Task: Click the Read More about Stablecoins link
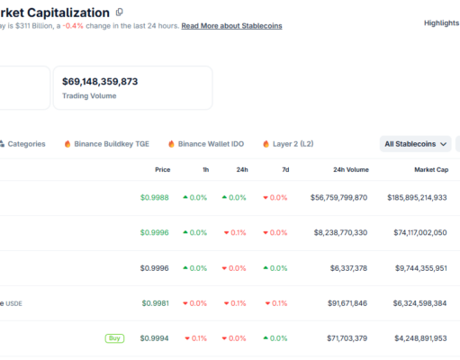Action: click(x=231, y=26)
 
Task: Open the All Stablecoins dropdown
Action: click(x=415, y=143)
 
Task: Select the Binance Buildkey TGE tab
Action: click(x=107, y=143)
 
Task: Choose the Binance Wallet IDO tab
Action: click(x=206, y=143)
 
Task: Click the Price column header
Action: click(x=162, y=169)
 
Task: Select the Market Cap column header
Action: click(x=430, y=169)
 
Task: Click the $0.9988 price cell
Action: click(x=155, y=197)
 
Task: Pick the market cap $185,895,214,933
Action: click(x=417, y=197)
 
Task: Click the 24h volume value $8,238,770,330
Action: click(x=338, y=232)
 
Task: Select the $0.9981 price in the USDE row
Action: click(x=155, y=303)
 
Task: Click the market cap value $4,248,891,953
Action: click(x=420, y=338)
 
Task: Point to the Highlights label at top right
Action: click(x=441, y=22)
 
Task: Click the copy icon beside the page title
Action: click(x=120, y=12)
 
